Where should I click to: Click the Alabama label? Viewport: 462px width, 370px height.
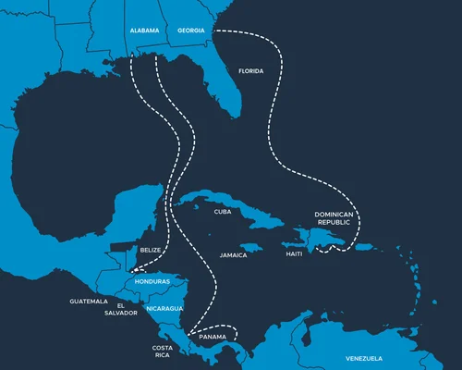(145, 31)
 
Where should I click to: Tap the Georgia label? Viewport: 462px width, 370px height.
(192, 31)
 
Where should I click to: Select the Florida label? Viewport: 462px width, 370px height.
(250, 71)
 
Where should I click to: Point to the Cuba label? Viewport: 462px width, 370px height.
(222, 212)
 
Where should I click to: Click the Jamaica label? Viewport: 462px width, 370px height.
(233, 254)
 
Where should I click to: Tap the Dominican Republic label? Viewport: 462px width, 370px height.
(334, 218)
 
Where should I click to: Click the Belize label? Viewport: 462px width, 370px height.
(150, 251)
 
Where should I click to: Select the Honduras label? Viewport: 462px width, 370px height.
(152, 281)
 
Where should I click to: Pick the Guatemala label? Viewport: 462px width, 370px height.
(89, 302)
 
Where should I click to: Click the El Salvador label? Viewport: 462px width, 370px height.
(127, 309)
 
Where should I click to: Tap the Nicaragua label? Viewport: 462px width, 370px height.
(164, 308)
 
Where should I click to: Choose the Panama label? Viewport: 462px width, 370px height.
(213, 338)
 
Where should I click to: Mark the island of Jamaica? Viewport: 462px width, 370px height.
(242, 242)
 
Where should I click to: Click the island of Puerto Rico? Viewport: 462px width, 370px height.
(364, 246)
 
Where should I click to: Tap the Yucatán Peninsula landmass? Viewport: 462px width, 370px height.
(148, 208)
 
